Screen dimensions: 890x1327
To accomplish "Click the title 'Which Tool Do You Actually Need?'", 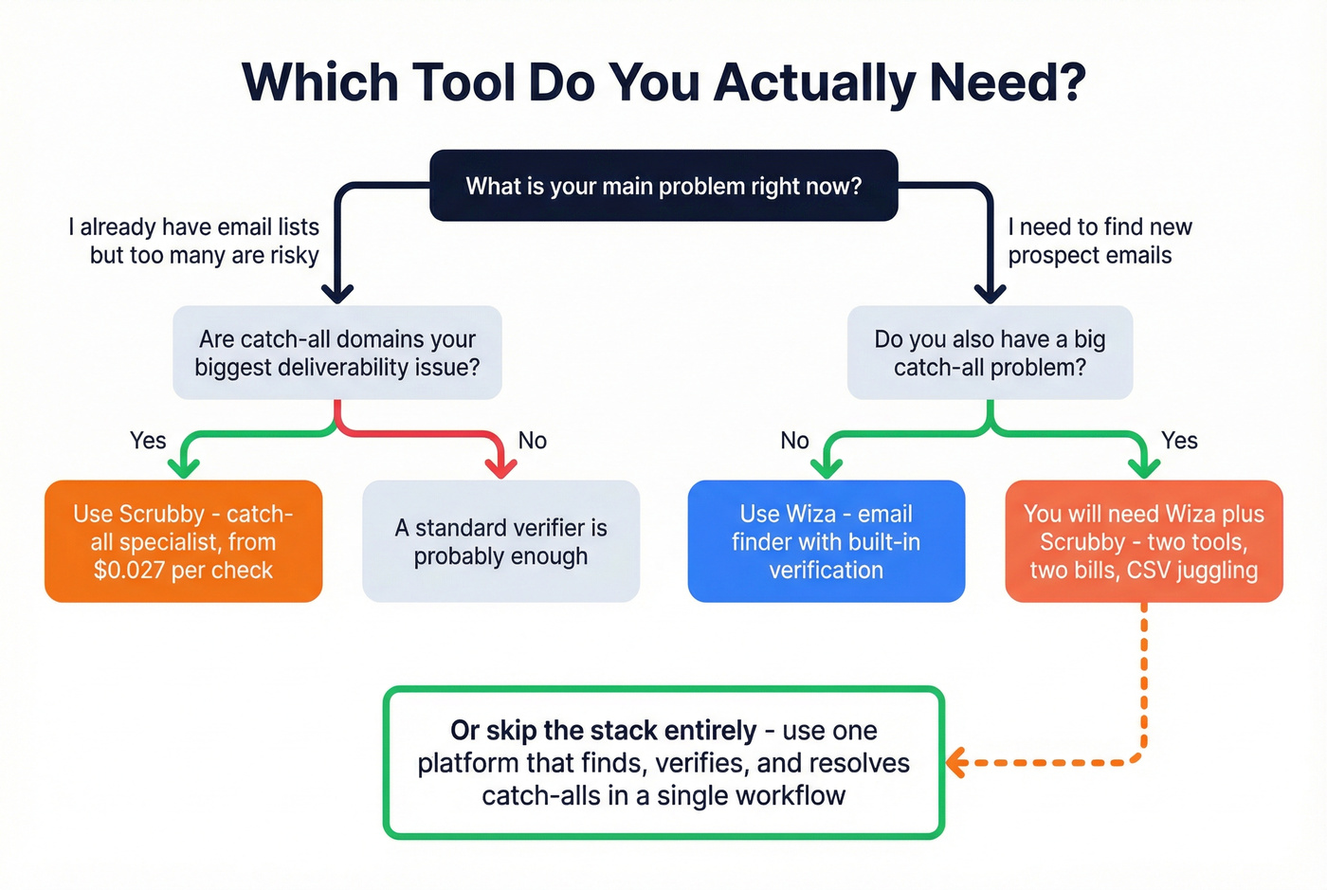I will coord(663,82).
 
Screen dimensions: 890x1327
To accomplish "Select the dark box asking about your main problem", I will coord(663,186).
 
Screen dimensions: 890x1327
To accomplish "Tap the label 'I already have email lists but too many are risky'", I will coord(194,241).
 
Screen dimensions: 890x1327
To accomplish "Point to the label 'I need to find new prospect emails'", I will coord(1100,241).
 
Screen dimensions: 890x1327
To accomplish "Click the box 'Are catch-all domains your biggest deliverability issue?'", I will coord(337,353).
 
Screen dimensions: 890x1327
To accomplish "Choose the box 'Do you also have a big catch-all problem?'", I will coord(990,353).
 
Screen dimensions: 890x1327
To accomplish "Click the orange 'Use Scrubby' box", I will coord(184,541).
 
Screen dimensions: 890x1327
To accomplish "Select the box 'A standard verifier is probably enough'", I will coord(500,541).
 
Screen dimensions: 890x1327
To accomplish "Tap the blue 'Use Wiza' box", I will coord(826,541).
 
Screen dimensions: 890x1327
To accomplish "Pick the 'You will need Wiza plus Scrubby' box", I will coord(1143,541).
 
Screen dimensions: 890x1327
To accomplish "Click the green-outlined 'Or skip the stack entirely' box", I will coord(663,763).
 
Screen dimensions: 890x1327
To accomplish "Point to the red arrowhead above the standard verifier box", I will coord(500,466).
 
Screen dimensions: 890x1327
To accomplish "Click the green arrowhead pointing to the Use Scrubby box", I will coord(184,466).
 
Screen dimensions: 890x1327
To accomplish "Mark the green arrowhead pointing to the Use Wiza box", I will coord(827,466).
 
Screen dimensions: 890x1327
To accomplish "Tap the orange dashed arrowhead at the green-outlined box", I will coord(955,762).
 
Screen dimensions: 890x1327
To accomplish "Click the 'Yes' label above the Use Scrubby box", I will coord(148,441).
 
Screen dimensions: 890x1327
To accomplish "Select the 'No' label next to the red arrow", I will coord(533,441).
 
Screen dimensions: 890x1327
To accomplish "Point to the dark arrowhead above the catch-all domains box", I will coord(337,292).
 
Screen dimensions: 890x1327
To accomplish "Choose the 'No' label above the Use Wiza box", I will coord(794,441).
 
